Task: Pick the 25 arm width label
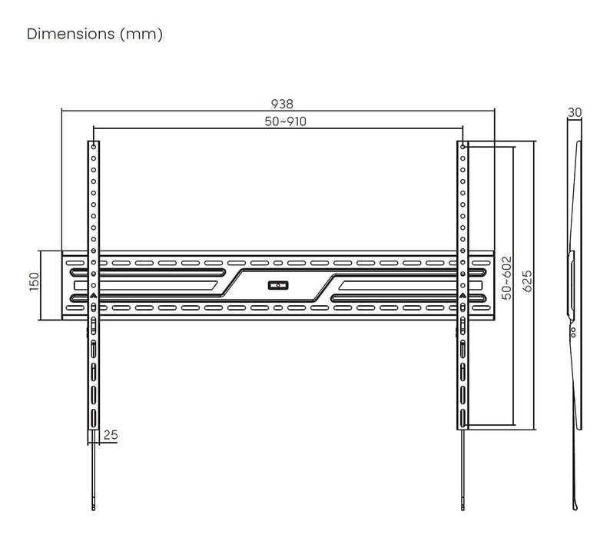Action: coord(111,435)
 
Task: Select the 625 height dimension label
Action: coord(528,281)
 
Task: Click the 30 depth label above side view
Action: coord(575,112)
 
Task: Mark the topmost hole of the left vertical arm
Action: coord(93,145)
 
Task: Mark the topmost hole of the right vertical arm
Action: coord(464,145)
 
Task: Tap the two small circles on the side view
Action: coord(573,332)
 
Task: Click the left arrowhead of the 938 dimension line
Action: coord(65,111)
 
